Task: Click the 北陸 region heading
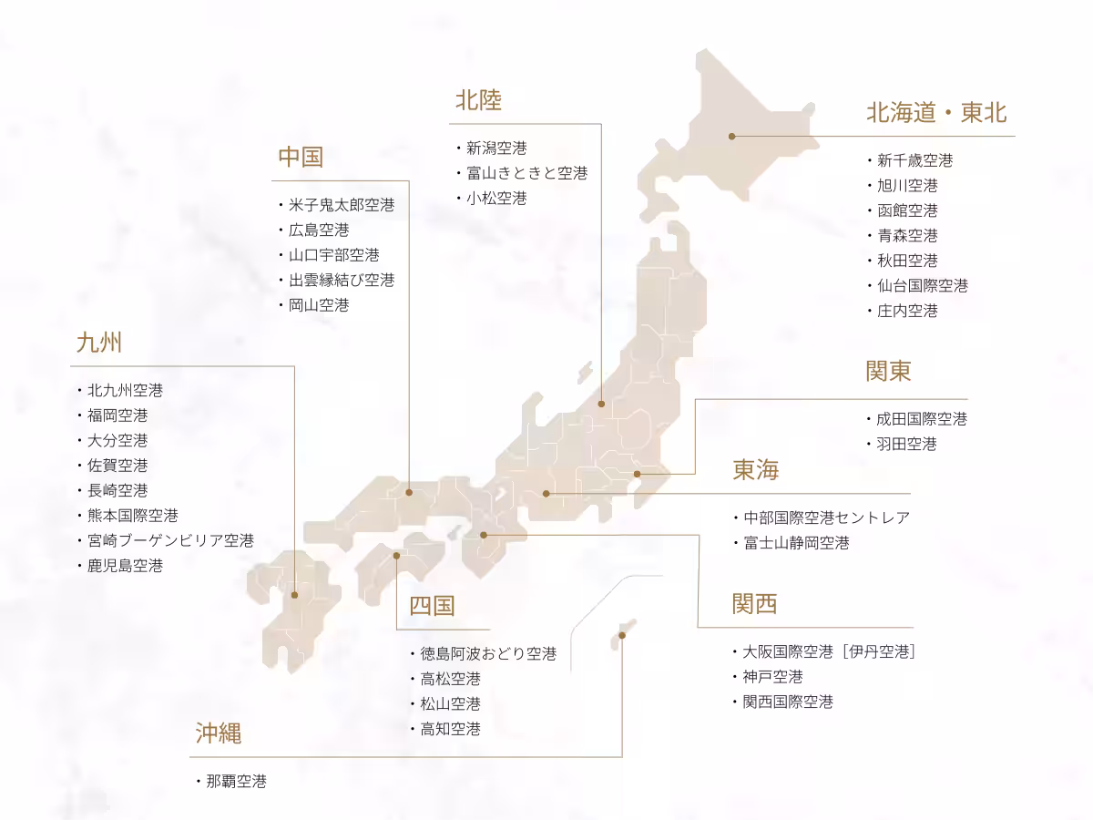click(478, 100)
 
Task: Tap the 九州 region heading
click(99, 343)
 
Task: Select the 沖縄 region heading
click(219, 733)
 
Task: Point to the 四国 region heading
click(432, 606)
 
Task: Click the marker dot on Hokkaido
click(731, 137)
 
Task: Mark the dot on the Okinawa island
click(622, 635)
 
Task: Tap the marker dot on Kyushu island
click(294, 595)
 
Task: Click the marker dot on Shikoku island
click(397, 555)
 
